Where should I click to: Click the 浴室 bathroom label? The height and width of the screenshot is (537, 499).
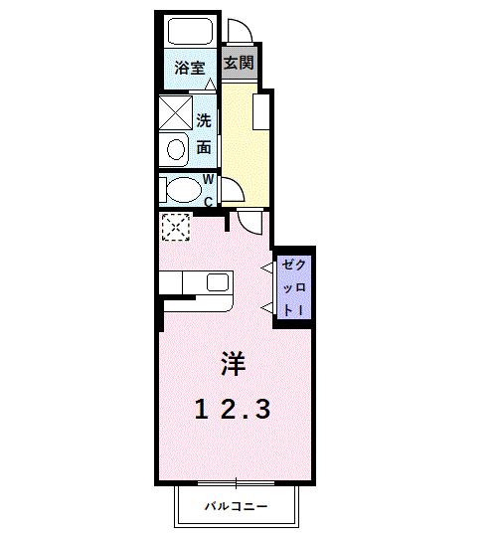(190, 69)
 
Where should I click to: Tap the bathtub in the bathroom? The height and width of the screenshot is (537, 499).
(190, 33)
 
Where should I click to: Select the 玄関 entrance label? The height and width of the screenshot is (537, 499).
(238, 63)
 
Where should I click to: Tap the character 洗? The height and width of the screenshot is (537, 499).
(204, 122)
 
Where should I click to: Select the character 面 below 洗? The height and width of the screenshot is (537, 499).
(204, 147)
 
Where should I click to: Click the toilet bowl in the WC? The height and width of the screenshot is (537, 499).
(181, 189)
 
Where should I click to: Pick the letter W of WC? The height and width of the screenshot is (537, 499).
(209, 180)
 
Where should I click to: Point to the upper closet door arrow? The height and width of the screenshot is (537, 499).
(266, 267)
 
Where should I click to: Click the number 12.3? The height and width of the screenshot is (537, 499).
(232, 408)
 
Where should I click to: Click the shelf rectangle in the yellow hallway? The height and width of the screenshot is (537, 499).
(261, 112)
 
